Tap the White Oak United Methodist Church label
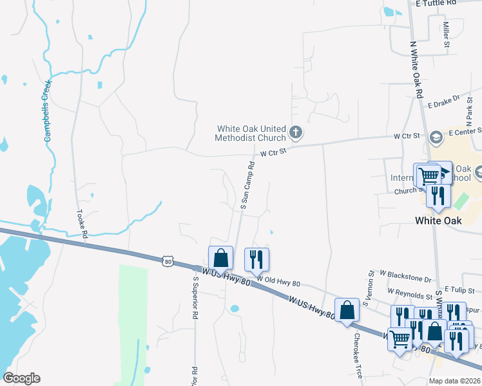251,133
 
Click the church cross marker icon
296,133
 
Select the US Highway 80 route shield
168,261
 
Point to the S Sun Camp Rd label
248,185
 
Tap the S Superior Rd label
195,302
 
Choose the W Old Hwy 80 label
278,280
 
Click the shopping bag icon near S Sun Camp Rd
220,257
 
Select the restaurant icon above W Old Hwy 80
257,259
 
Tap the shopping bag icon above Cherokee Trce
347,309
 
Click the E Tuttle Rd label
436,3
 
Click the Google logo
21,378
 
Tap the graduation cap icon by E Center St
436,136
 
